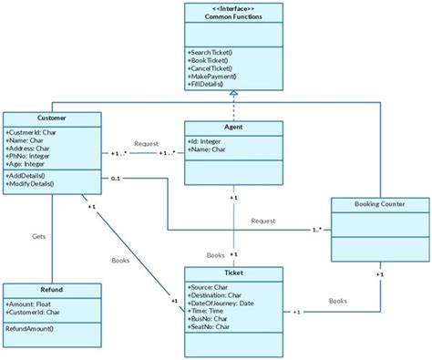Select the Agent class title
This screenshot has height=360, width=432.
pos(233,129)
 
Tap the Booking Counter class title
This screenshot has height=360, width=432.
pos(379,204)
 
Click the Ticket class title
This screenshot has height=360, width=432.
pos(233,273)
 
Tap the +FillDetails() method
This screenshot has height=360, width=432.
pos(209,84)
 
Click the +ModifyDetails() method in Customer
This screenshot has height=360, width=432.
pos(30,183)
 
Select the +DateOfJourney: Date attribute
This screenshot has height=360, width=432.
pos(221,303)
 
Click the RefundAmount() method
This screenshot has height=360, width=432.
pos(30,327)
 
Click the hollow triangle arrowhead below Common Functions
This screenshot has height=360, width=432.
pos(233,94)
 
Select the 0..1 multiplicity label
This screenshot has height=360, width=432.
pos(116,179)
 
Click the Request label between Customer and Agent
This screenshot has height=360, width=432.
pos(147,143)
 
